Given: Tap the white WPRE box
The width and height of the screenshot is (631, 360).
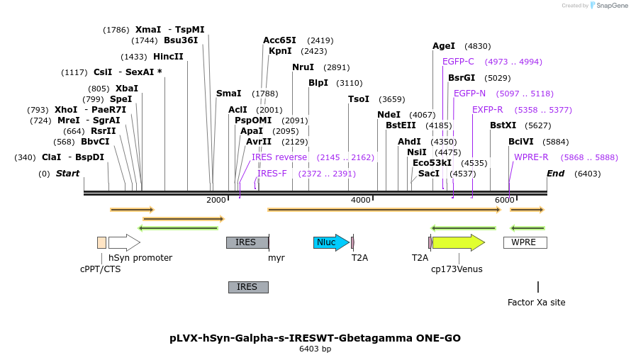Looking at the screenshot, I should (x=525, y=242).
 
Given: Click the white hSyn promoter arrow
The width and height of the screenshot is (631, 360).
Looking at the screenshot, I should (x=124, y=242).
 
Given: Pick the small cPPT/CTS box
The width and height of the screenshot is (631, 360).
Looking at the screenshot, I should (x=101, y=242).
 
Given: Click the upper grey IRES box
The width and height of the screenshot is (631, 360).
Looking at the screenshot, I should (x=247, y=242).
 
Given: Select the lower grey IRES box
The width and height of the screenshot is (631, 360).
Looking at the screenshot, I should (x=248, y=287).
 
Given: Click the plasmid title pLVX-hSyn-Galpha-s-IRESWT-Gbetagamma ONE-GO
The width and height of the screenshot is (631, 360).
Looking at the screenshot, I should (x=315, y=338).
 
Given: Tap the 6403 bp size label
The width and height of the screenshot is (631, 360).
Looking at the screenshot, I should (x=315, y=349).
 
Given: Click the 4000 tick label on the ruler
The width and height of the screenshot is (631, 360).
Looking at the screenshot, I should (x=361, y=200).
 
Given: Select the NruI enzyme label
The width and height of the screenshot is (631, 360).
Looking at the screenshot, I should (x=303, y=67).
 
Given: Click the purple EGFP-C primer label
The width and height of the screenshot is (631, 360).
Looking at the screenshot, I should (x=458, y=62).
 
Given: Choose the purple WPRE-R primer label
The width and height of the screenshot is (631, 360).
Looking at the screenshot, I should (x=531, y=157).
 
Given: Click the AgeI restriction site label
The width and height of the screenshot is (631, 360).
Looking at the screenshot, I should (x=444, y=46).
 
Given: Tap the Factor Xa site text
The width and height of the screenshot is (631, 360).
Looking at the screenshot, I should (x=536, y=302).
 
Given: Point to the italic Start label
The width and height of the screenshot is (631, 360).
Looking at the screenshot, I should (x=67, y=174).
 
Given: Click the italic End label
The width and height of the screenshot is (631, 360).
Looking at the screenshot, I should (x=555, y=174).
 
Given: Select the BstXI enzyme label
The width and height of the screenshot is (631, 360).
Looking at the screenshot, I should (x=503, y=125).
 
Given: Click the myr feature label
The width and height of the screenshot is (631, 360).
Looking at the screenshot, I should (x=276, y=258).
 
